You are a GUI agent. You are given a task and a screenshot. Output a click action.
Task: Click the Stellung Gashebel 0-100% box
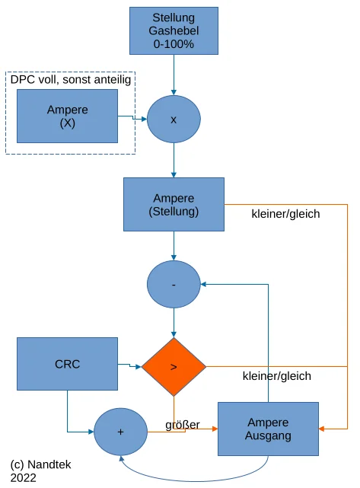(x=174, y=30)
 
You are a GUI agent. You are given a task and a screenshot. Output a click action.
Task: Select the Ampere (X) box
(x=67, y=116)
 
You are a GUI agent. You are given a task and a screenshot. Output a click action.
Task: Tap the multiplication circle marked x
(x=174, y=120)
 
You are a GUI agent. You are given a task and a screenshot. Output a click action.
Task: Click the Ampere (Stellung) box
(x=174, y=205)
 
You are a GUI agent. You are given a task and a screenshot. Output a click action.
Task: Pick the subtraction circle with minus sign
(x=174, y=284)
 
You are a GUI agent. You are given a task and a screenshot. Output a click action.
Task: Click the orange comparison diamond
(x=174, y=367)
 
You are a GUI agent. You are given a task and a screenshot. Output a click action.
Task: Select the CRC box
(x=67, y=364)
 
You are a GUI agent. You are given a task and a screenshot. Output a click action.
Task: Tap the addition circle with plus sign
(x=120, y=432)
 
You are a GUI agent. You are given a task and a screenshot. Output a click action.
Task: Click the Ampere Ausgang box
(x=268, y=429)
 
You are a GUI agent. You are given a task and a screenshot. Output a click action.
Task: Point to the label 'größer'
(x=183, y=425)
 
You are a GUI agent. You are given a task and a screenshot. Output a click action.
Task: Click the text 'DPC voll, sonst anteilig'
(x=71, y=80)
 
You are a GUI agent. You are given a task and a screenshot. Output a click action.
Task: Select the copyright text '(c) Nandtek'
(x=41, y=464)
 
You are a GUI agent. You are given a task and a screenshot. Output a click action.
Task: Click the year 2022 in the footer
(x=24, y=478)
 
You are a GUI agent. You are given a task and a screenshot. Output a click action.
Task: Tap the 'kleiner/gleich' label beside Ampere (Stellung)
(x=285, y=214)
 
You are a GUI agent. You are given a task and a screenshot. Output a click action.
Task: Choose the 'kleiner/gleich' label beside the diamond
(x=277, y=376)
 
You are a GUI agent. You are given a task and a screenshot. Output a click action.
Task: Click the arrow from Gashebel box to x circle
(x=174, y=75)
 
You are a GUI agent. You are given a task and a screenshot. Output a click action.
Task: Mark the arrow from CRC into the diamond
(x=129, y=365)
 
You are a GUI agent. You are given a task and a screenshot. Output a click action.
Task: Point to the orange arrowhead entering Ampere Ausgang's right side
(x=321, y=429)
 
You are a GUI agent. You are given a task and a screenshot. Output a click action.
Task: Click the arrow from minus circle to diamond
(x=174, y=323)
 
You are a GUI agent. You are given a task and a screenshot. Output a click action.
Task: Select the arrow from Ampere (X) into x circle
(x=132, y=118)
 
